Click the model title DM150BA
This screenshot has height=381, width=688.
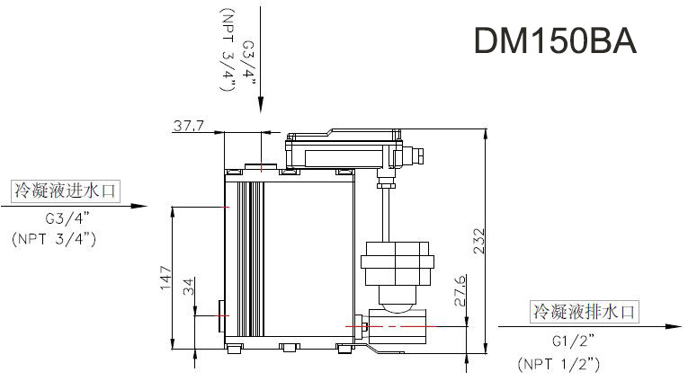(x=554, y=41)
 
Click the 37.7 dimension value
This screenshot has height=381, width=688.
(x=188, y=127)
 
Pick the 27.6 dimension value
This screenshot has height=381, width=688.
(x=460, y=292)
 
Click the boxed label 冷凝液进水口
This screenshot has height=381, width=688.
(x=65, y=190)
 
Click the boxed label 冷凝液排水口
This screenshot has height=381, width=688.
(x=585, y=313)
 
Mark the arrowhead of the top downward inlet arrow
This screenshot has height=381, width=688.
(x=260, y=106)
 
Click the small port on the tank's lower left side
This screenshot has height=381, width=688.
(x=222, y=315)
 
